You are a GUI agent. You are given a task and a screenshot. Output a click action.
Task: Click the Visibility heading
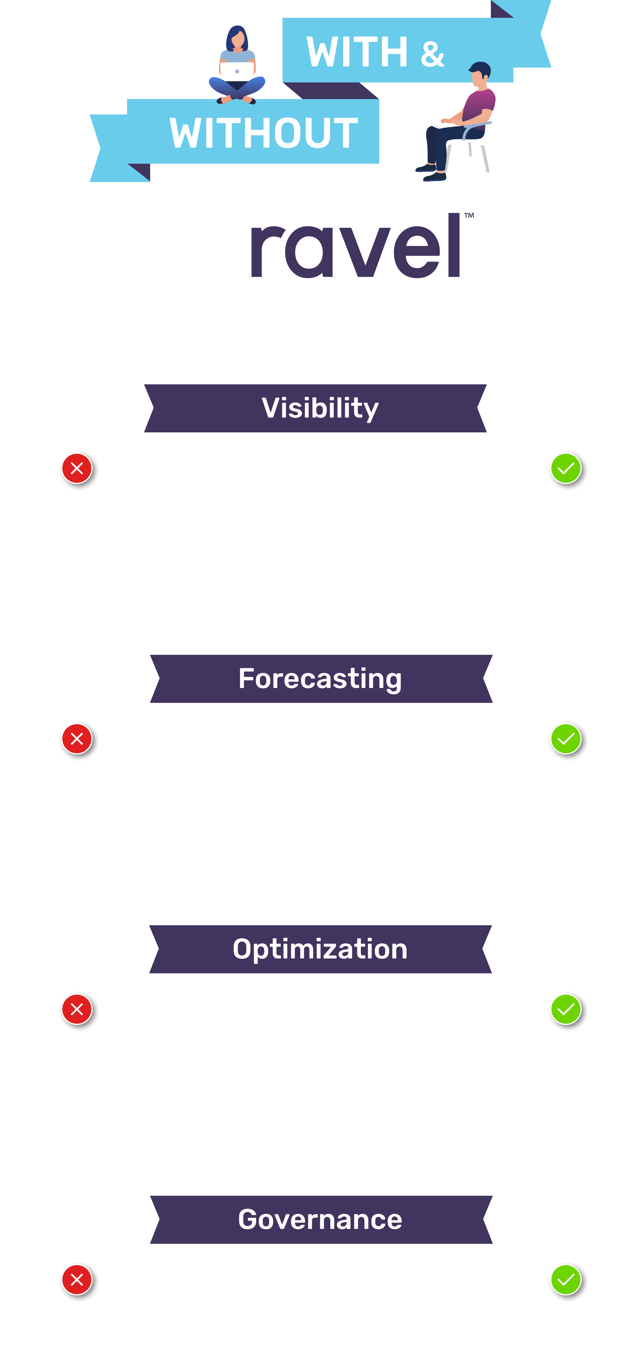click(x=320, y=408)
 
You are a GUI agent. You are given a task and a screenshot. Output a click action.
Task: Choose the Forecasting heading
click(x=320, y=679)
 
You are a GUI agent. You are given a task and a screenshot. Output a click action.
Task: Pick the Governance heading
click(x=320, y=1219)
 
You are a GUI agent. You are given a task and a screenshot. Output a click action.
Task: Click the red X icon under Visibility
click(x=77, y=468)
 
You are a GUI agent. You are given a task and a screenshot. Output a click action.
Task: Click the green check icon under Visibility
click(x=566, y=468)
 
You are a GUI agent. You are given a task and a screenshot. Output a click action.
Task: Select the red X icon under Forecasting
click(x=77, y=739)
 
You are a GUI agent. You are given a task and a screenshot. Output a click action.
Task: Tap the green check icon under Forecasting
click(x=566, y=739)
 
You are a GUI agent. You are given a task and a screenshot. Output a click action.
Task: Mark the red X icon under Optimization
click(x=77, y=1009)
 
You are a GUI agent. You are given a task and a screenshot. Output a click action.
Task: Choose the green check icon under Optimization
click(x=566, y=1009)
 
